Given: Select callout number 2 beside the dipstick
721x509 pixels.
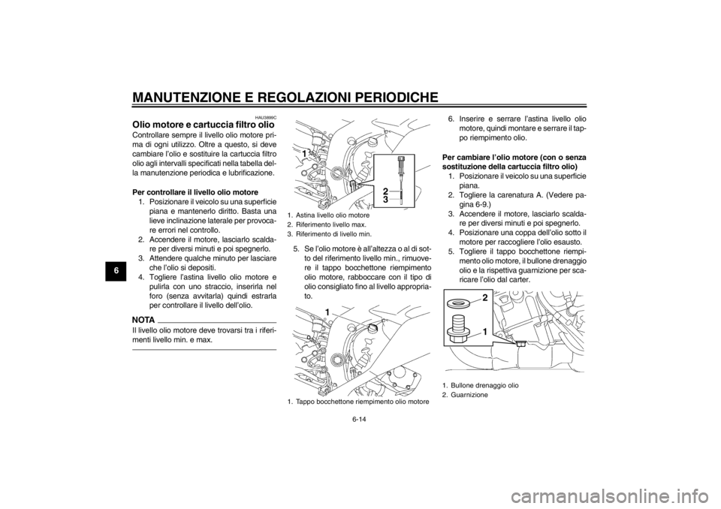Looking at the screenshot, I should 385,191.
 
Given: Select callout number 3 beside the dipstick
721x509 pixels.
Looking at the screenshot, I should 385,200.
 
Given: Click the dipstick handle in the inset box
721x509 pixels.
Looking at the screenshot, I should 404,161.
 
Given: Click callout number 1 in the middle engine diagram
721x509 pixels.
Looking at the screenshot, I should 327,310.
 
